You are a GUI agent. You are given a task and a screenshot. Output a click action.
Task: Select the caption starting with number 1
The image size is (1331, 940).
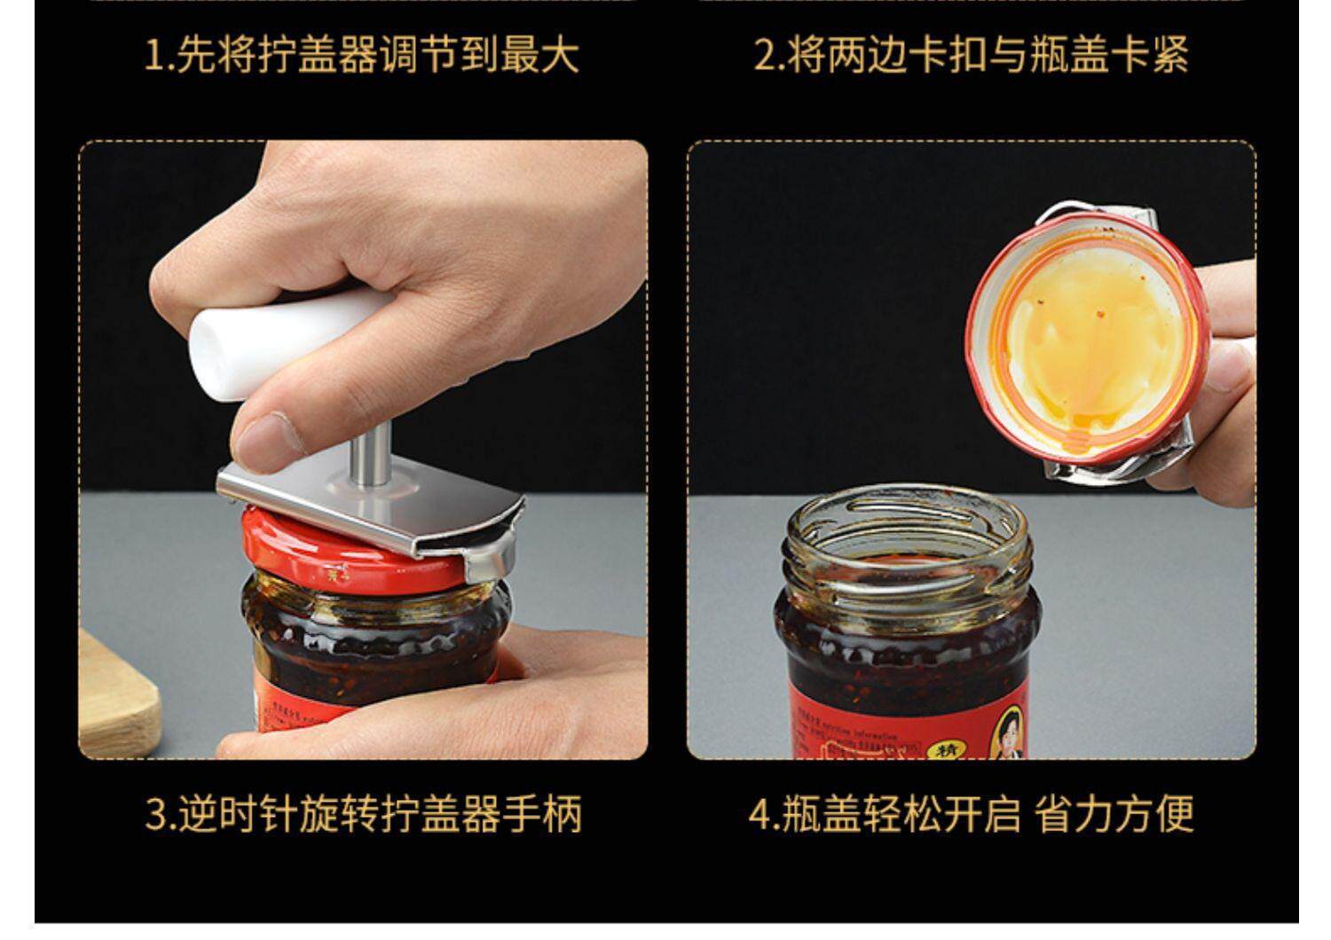pos(362,55)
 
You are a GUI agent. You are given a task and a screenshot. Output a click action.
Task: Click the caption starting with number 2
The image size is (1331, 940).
pos(971,55)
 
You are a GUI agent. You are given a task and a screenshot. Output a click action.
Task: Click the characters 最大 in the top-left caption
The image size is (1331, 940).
pos(540,55)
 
